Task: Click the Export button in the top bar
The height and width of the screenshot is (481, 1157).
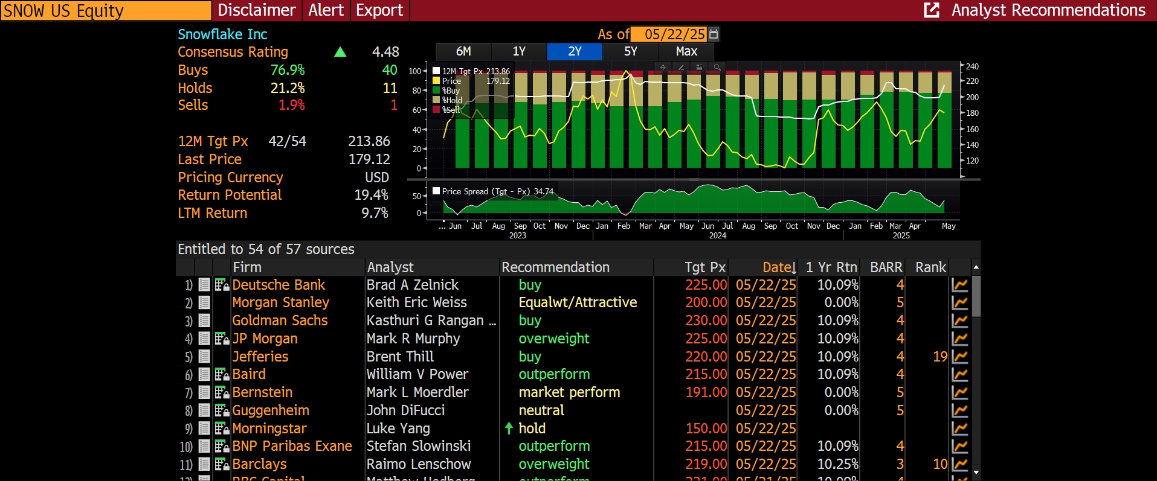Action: [379, 10]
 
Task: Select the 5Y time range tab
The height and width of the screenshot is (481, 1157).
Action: [630, 51]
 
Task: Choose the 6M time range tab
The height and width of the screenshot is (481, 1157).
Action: [463, 51]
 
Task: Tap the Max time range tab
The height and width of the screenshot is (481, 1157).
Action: [686, 51]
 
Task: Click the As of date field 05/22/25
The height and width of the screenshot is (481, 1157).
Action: [674, 34]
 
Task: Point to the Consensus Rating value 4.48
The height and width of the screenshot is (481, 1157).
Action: [385, 52]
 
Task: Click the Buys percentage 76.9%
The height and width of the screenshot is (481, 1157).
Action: [288, 70]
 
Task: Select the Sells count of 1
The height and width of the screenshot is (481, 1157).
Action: [393, 105]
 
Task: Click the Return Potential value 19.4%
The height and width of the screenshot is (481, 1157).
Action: [371, 195]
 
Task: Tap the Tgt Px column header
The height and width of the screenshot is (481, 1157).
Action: [704, 267]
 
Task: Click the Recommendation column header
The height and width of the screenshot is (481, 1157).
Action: [555, 267]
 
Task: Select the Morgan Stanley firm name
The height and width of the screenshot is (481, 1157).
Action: [280, 302]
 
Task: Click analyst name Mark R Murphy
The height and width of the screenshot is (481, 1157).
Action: [413, 339]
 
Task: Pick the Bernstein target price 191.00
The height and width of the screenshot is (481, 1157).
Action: [706, 392]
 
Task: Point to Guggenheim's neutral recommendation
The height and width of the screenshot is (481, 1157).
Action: [541, 410]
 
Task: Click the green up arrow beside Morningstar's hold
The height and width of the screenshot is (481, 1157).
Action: [509, 428]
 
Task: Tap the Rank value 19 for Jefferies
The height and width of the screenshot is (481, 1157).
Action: [939, 357]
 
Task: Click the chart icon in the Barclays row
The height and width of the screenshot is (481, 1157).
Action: [959, 464]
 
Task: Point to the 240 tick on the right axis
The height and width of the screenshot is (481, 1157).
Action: [972, 66]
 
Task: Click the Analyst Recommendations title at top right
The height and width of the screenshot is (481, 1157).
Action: [1048, 10]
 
